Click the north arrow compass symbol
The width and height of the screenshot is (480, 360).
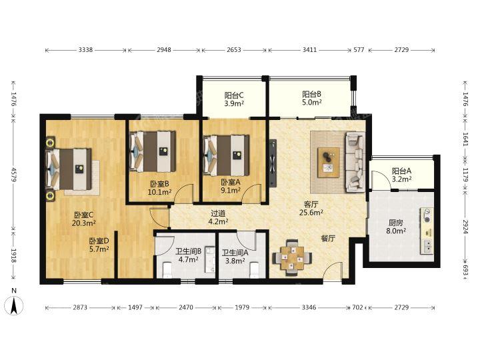(14, 305)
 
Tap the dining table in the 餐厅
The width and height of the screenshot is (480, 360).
(292, 257)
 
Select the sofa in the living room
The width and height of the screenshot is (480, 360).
(355, 162)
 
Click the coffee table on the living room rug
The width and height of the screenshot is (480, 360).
(329, 163)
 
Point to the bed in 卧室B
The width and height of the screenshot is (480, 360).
(153, 151)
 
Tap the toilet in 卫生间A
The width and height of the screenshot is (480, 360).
(255, 270)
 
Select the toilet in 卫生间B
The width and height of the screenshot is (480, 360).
(167, 270)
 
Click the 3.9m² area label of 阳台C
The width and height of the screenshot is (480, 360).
(234, 103)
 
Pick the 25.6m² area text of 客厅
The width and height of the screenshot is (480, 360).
(311, 212)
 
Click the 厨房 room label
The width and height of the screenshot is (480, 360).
(396, 223)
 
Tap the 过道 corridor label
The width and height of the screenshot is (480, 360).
(218, 213)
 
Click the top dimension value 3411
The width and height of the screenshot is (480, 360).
(309, 49)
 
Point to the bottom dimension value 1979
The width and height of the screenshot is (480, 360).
(242, 307)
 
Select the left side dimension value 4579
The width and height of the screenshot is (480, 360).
(14, 174)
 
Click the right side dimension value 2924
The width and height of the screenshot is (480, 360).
(465, 227)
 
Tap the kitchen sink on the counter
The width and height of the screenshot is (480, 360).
(427, 246)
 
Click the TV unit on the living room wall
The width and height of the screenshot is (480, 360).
(273, 163)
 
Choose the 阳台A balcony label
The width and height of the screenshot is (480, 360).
(401, 171)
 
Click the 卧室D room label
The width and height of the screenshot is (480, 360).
(99, 241)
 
